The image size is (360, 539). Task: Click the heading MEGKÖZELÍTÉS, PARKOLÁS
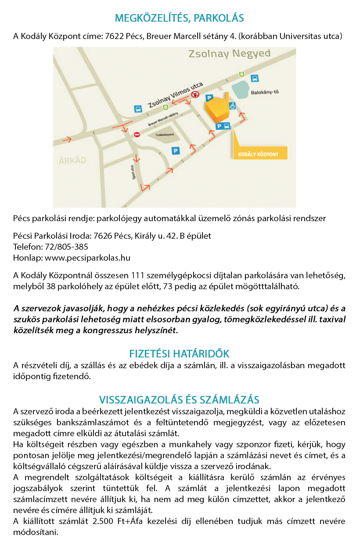(179, 18)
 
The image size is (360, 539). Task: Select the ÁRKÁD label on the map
(72, 160)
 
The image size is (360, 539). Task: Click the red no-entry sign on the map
(137, 134)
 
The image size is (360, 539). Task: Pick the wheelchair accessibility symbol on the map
(232, 105)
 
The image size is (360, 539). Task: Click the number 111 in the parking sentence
(139, 276)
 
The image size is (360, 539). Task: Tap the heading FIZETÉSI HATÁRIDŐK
(179, 354)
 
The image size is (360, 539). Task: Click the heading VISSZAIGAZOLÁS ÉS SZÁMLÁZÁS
(179, 400)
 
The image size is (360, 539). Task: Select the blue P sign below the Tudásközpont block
(176, 151)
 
